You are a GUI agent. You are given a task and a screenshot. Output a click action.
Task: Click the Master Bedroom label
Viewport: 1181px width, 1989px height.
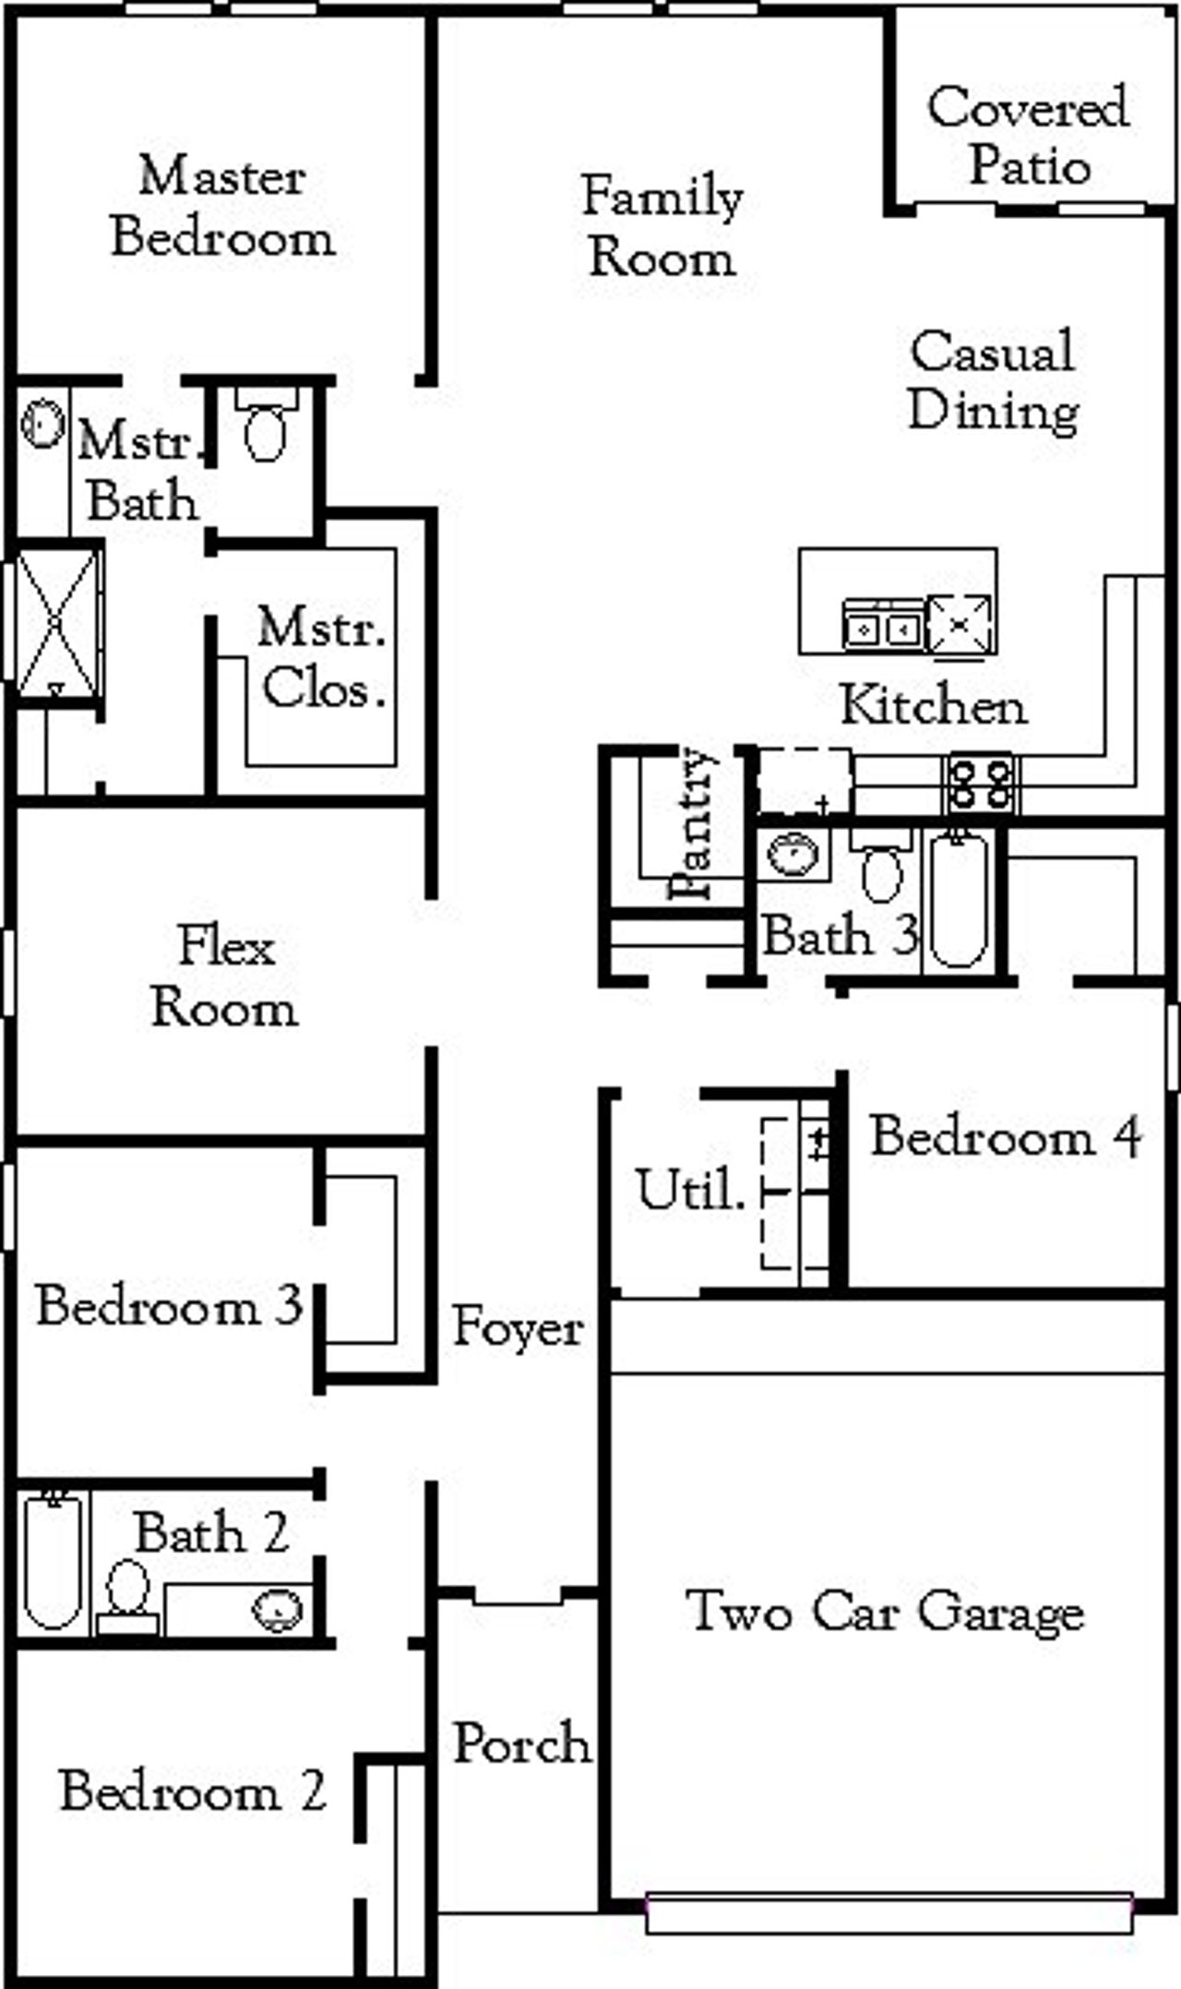pos(221,207)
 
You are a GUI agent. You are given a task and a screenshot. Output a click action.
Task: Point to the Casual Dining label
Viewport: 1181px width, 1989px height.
pos(993,380)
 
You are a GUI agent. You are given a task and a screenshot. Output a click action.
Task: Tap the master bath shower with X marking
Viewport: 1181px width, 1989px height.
pos(56,624)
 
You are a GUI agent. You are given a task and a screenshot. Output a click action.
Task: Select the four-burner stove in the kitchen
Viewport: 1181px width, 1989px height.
pos(981,784)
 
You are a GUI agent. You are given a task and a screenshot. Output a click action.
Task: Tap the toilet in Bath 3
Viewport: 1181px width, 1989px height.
pos(881,870)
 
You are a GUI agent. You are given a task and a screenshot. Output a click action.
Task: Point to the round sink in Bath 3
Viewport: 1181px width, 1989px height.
pos(792,855)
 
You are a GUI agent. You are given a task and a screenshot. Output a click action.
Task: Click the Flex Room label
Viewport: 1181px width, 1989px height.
pos(225,977)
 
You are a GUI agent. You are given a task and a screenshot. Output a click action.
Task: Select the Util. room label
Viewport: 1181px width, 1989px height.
pos(688,1190)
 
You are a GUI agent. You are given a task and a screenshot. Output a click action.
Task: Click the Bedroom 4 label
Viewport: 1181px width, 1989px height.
pos(1007,1136)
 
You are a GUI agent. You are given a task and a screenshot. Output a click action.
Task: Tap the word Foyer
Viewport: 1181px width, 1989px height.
pos(518,1328)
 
